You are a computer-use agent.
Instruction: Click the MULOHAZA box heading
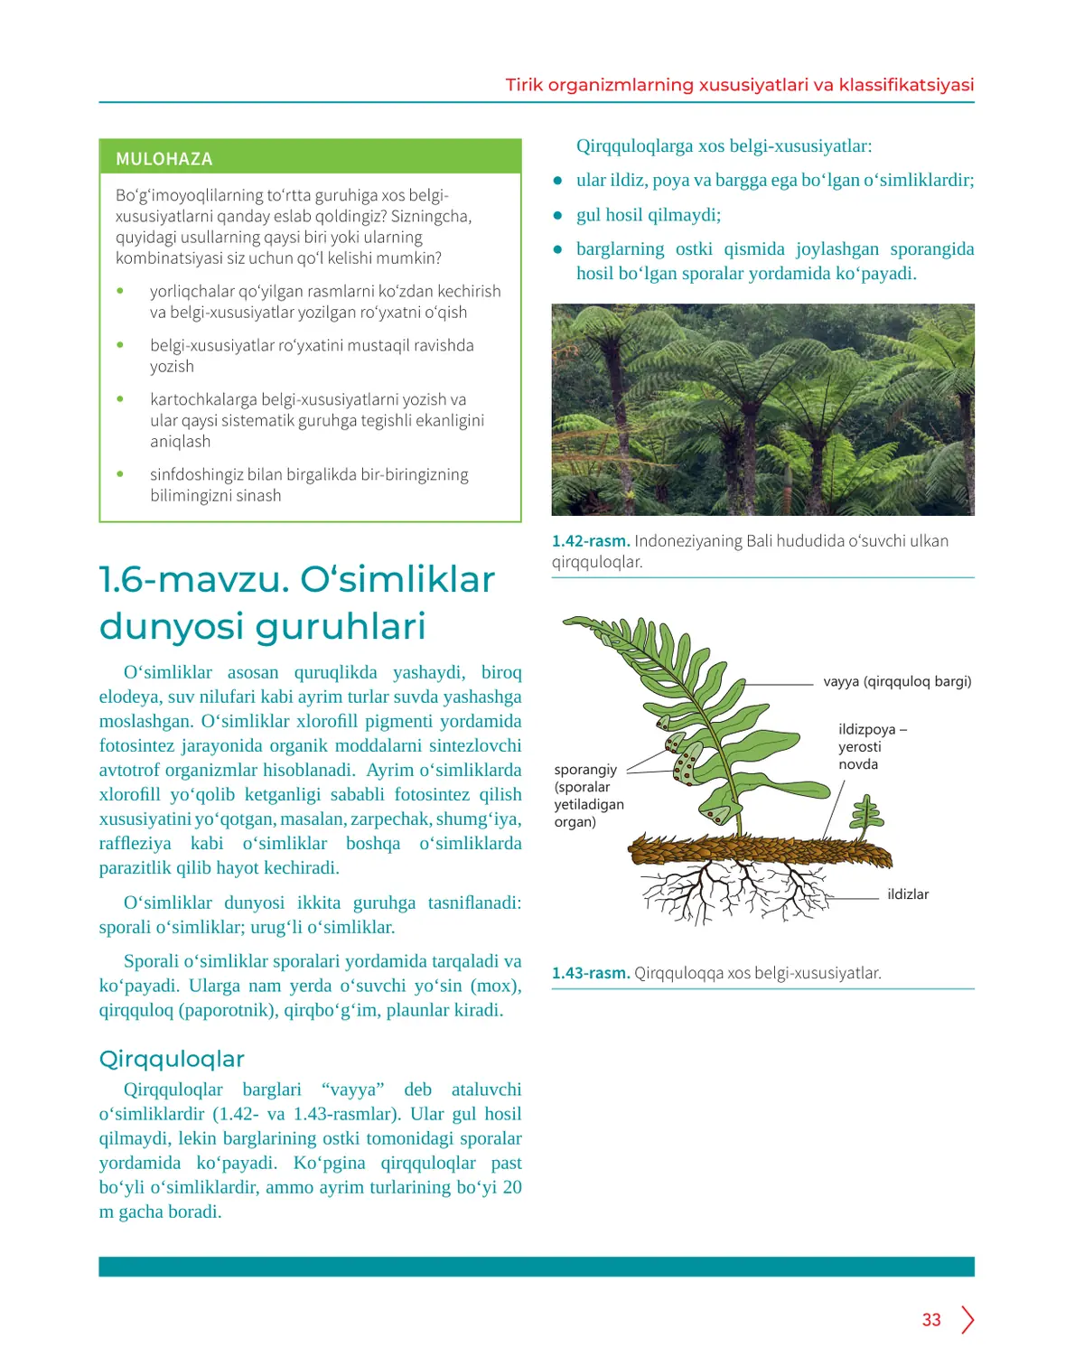tap(164, 159)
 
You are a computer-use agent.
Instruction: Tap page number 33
tap(931, 1320)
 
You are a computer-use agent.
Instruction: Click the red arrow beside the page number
tap(967, 1320)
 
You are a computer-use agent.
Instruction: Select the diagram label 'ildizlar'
tap(907, 894)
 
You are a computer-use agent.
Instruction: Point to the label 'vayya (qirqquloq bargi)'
tap(897, 681)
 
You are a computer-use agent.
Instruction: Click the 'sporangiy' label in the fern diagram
tap(585, 770)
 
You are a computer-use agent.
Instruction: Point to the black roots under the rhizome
tap(732, 889)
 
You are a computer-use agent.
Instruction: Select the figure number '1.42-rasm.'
tap(591, 541)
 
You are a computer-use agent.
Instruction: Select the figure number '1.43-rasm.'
tap(591, 973)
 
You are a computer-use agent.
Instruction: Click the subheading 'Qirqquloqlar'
tap(172, 1059)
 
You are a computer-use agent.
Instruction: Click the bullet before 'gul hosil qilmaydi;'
tap(558, 215)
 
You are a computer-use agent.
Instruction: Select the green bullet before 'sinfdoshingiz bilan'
tap(120, 474)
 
